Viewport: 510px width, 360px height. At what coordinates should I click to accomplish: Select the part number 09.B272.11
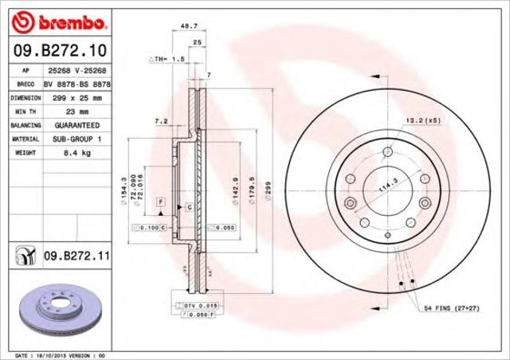tap(76, 256)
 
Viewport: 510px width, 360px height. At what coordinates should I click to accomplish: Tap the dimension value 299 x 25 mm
tap(76, 97)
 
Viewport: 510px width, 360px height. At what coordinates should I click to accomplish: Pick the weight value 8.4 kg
tap(76, 151)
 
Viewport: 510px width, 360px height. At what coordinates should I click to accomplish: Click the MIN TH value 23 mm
tap(76, 112)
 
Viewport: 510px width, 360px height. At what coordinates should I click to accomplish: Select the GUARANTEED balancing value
tap(76, 125)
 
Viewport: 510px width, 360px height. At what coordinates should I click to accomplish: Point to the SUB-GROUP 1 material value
tap(76, 138)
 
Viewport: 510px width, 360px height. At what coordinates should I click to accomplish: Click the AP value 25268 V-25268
tap(76, 70)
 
